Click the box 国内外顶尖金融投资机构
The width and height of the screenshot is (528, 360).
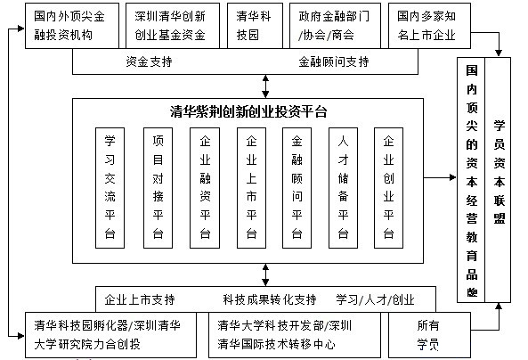(x=72, y=26)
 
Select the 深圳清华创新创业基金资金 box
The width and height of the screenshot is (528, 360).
(x=173, y=26)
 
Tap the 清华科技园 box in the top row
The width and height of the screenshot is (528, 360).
(x=255, y=26)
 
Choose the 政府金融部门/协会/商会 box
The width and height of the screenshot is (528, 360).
(x=335, y=26)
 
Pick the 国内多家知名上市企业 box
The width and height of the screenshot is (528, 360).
(x=430, y=26)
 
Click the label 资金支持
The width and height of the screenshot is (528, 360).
(x=150, y=61)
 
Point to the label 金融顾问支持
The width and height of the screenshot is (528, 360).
(x=334, y=61)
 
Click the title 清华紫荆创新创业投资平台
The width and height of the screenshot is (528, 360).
(x=248, y=112)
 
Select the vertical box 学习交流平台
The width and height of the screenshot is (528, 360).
(x=110, y=188)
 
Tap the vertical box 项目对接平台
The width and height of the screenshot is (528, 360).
(x=158, y=188)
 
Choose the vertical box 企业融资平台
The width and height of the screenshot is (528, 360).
(x=205, y=188)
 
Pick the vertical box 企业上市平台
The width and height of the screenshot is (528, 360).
(x=252, y=188)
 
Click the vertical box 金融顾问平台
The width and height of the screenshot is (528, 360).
(x=296, y=188)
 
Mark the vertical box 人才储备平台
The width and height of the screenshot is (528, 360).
(x=343, y=188)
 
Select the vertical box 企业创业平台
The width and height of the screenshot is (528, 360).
(x=388, y=188)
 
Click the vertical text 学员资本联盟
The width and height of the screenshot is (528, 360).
(x=499, y=172)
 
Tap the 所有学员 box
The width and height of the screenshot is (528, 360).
(x=430, y=335)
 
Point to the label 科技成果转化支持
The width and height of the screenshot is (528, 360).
(x=270, y=299)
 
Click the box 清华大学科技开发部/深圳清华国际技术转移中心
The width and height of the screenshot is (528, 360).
(x=295, y=335)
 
